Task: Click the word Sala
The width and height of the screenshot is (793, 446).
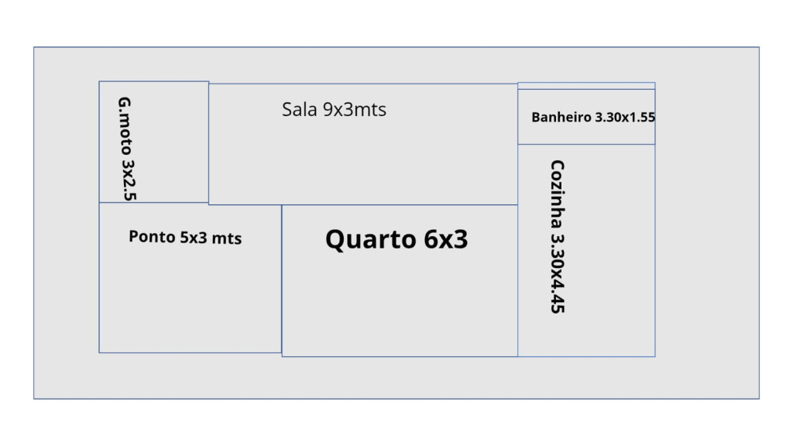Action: (299, 110)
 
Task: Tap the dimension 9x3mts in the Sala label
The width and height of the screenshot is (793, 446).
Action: (354, 110)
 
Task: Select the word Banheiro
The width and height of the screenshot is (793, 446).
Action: (561, 118)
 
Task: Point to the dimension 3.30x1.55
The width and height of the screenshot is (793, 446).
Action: (625, 118)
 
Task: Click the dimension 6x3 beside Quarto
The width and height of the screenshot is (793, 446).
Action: (445, 239)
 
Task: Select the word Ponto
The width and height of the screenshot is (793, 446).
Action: (152, 237)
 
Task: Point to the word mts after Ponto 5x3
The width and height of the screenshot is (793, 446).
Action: (227, 238)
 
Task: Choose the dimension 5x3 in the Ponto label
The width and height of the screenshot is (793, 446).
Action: (194, 238)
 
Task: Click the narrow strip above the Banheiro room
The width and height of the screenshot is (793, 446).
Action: (586, 86)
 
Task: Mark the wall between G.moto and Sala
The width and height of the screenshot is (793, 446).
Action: (208, 143)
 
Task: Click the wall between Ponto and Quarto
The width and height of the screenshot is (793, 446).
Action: (282, 279)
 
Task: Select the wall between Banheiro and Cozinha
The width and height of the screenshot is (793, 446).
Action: (586, 144)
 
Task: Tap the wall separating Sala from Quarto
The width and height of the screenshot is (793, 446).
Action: (400, 204)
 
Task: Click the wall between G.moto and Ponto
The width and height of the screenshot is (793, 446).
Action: (153, 202)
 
